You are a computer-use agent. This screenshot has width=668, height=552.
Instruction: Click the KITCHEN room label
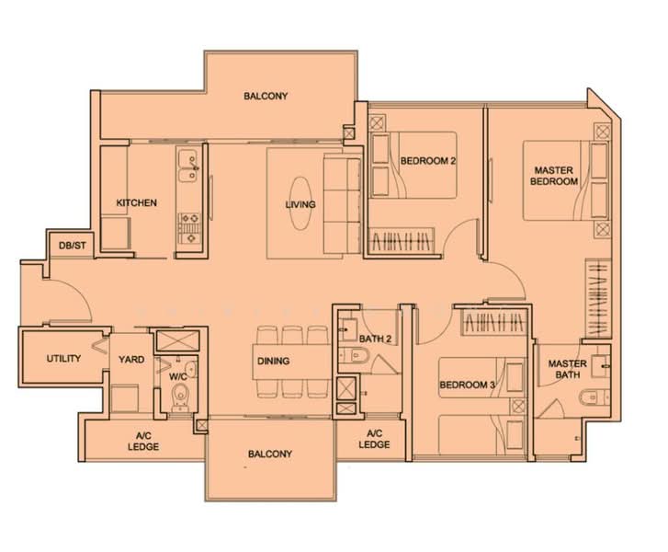pos(136,203)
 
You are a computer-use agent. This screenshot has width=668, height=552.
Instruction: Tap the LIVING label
pos(300,204)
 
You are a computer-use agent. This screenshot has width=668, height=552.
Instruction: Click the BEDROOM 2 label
pos(428,161)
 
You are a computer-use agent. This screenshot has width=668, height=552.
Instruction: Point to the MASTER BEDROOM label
pos(556,176)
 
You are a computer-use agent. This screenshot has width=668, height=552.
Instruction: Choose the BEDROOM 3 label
pos(467,385)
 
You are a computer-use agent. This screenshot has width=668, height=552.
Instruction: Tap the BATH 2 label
pos(376,339)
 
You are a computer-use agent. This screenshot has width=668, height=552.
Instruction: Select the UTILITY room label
pos(63,359)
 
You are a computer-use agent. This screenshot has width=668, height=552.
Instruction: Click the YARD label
pos(130,359)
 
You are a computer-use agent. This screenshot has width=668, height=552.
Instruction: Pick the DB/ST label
pos(72,246)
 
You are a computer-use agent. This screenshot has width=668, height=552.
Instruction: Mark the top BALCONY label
pos(266,96)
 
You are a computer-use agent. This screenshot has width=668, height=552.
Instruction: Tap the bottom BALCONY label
pos(269,454)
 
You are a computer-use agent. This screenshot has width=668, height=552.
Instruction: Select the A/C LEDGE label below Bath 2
pos(374,439)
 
